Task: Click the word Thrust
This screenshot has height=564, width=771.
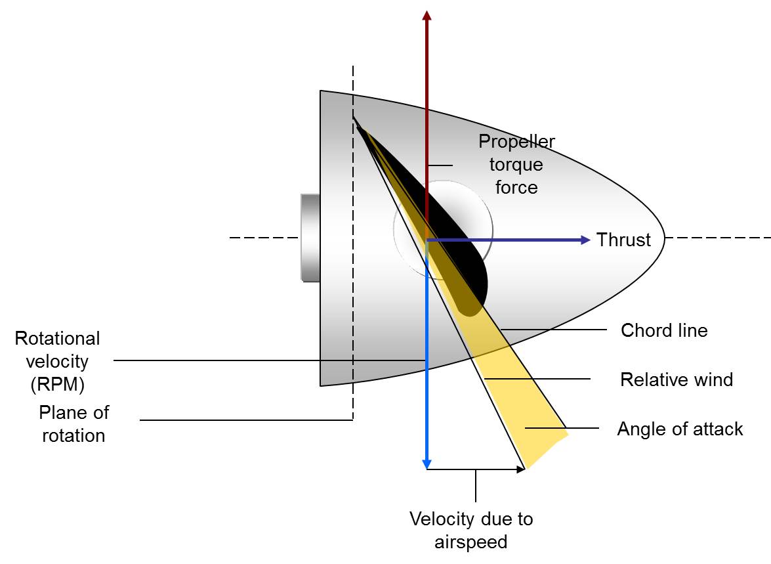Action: coord(623,240)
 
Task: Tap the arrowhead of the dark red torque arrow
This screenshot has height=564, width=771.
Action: coord(427,16)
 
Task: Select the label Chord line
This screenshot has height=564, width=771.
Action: coord(664,330)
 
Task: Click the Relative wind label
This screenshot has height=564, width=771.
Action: coord(676,379)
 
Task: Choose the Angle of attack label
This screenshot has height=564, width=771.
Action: coord(680,429)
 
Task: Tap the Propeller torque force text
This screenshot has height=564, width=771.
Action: coord(516,164)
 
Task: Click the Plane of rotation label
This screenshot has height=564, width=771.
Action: coord(73,423)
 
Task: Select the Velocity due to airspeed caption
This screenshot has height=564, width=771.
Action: coord(471,530)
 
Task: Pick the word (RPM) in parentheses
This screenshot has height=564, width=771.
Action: coord(58,383)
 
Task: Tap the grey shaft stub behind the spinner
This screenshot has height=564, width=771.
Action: coord(310,238)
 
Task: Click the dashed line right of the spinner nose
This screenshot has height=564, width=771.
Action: coord(719,238)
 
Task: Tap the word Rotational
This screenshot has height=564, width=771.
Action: coord(58,338)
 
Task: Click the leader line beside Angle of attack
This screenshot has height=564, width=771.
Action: coord(562,428)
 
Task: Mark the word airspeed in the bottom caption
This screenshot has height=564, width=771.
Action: coord(471,542)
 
